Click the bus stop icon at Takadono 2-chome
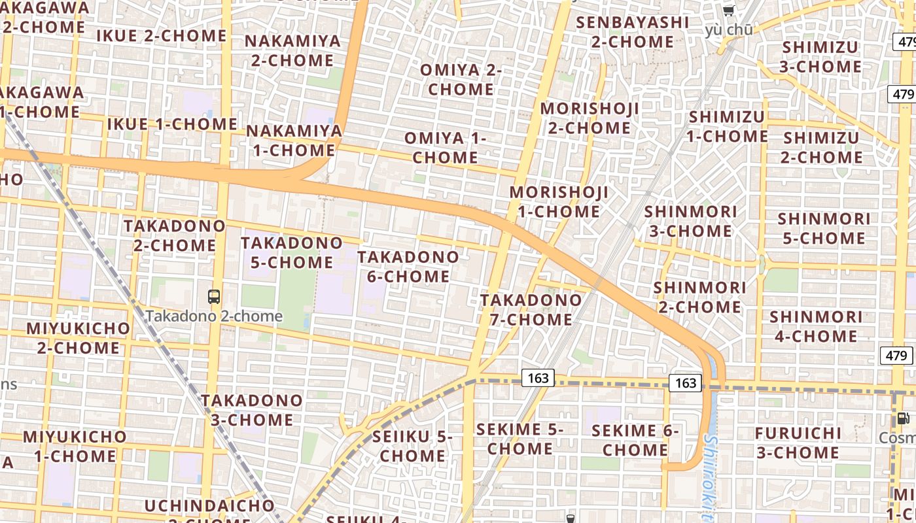pyautogui.click(x=214, y=297)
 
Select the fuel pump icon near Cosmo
pyautogui.click(x=903, y=418)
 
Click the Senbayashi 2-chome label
pyautogui.click(x=632, y=32)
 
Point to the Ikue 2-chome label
pyautogui.click(x=162, y=36)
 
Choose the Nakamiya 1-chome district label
pyautogui.click(x=294, y=141)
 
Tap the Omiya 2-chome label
pyautogui.click(x=461, y=79)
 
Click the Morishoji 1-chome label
pyautogui.click(x=559, y=202)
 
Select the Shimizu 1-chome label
pyautogui.click(x=726, y=127)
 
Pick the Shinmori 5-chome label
pyautogui.click(x=824, y=228)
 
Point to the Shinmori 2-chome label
pyautogui.click(x=699, y=297)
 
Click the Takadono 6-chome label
pyautogui.click(x=408, y=267)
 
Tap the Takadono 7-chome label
pyautogui.click(x=531, y=310)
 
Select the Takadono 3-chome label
pyautogui.click(x=252, y=410)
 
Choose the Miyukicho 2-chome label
pyautogui.click(x=79, y=338)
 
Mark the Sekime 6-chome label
pyautogui.click(x=635, y=441)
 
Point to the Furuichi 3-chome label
pyautogui.click(x=798, y=443)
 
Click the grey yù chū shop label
pyautogui.click(x=729, y=30)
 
